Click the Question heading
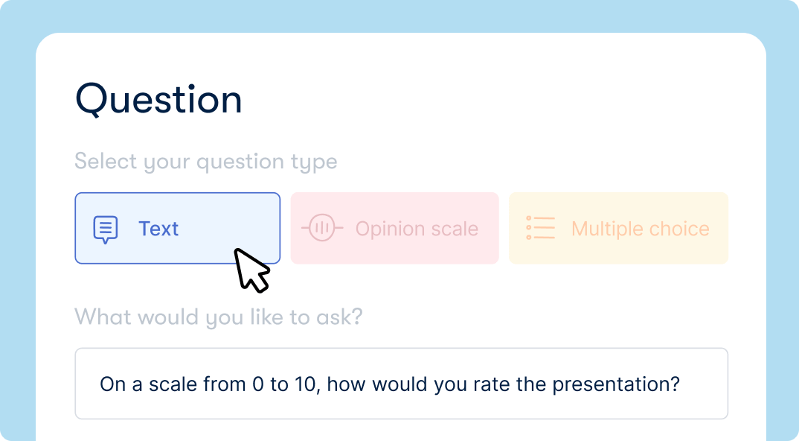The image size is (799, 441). [158, 100]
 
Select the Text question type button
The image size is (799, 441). [177, 228]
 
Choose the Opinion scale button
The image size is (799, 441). [394, 228]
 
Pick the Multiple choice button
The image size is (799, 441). [618, 228]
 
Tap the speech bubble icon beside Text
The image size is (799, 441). [106, 229]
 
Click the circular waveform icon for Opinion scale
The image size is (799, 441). [322, 228]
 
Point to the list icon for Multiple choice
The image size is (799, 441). [541, 228]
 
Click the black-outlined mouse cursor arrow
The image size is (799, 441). [251, 269]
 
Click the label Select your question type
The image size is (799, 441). [206, 162]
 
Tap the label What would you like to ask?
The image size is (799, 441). [219, 317]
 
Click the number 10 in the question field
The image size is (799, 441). [309, 384]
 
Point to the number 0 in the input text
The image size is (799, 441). [258, 384]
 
